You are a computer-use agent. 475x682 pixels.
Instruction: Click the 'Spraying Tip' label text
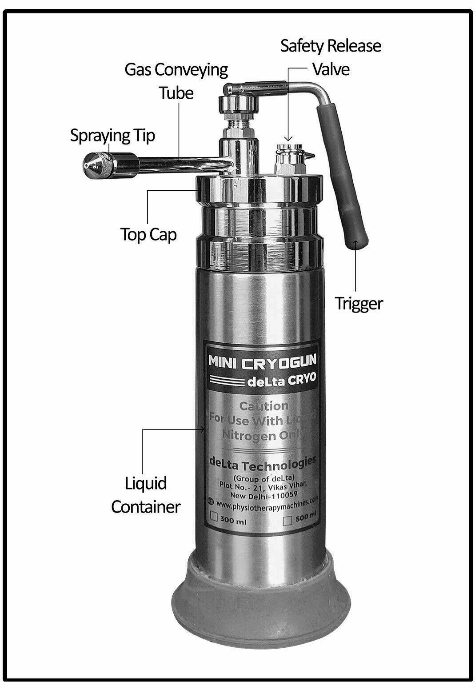112,135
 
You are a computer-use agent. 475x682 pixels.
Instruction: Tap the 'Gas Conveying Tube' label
176,81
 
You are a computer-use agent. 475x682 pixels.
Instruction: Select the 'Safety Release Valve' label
331,57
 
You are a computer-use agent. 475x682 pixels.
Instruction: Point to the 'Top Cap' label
148,234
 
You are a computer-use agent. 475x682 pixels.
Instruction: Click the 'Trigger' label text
359,304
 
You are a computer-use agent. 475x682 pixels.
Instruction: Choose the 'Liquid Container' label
145,494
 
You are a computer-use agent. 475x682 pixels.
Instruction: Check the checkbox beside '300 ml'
214,517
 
